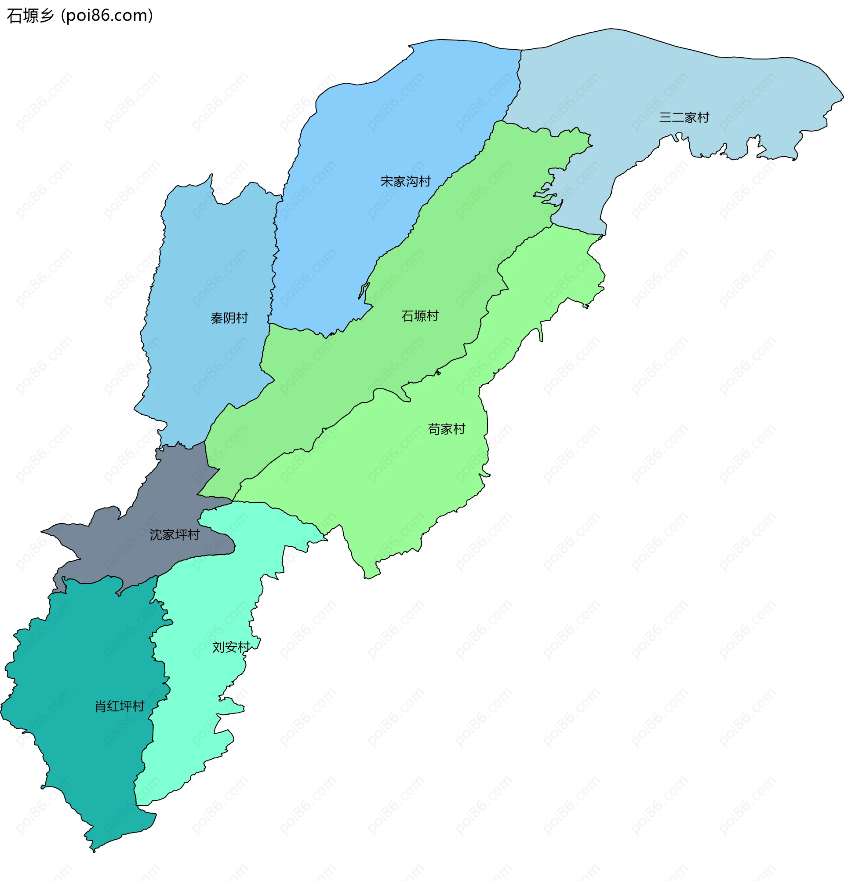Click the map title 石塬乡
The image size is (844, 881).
(30, 16)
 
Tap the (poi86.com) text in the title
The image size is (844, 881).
(107, 16)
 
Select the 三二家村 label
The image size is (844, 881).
(684, 118)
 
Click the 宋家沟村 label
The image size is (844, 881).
(405, 182)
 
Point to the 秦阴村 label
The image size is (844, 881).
(229, 318)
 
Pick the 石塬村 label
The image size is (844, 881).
(419, 316)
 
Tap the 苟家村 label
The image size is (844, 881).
(446, 429)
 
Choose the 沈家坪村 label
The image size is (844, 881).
(174, 535)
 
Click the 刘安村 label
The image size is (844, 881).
(231, 647)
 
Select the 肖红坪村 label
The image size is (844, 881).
(119, 706)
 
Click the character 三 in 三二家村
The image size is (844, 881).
(665, 118)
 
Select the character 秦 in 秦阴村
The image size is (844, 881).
(217, 318)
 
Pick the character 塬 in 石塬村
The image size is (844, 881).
(419, 316)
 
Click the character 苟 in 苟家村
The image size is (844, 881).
(434, 429)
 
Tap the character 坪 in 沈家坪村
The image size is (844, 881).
(181, 535)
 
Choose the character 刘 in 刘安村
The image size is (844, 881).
(219, 647)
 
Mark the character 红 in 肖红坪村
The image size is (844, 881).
(113, 706)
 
